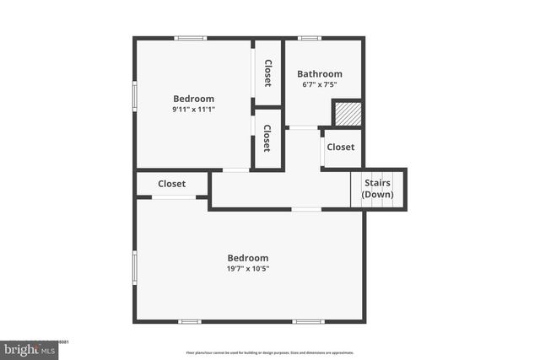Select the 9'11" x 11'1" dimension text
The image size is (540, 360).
pyautogui.click(x=194, y=109)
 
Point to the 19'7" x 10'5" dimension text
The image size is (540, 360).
pyautogui.click(x=248, y=269)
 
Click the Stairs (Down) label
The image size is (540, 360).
pyautogui.click(x=377, y=188)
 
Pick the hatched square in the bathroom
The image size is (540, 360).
pyautogui.click(x=346, y=113)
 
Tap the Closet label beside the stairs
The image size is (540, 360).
pyautogui.click(x=340, y=147)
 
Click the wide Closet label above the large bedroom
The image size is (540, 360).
pyautogui.click(x=172, y=183)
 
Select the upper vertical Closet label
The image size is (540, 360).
pyautogui.click(x=267, y=73)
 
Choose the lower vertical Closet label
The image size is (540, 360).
pyautogui.click(x=267, y=138)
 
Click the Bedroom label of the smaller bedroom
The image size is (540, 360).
pyautogui.click(x=194, y=98)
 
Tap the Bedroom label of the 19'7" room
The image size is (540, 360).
pyautogui.click(x=248, y=258)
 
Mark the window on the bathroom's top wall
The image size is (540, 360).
pyautogui.click(x=310, y=38)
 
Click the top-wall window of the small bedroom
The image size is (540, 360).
pyautogui.click(x=191, y=38)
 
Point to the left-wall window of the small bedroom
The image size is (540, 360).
pyautogui.click(x=135, y=95)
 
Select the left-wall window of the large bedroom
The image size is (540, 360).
pyautogui.click(x=135, y=266)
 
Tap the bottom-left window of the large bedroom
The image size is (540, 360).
pyautogui.click(x=190, y=321)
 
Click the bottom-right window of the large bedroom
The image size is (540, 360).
pyautogui.click(x=308, y=321)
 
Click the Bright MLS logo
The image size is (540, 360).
pyautogui.click(x=29, y=348)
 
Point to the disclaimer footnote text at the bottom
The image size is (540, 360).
pyautogui.click(x=270, y=352)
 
